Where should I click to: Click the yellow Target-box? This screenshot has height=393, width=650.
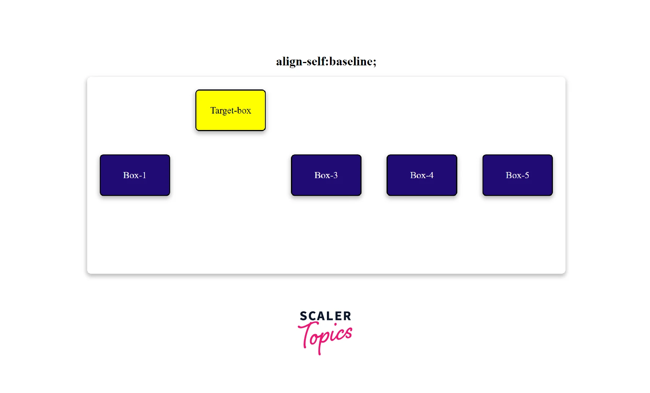[x=231, y=110]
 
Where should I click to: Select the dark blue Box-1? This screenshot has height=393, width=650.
[x=135, y=175]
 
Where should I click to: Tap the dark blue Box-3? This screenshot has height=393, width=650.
[x=326, y=175]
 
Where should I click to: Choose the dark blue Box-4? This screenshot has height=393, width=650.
[x=422, y=175]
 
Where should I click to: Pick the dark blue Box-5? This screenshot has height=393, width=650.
[x=518, y=175]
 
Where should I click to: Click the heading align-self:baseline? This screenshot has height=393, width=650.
[x=326, y=62]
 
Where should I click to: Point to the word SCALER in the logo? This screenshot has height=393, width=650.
[x=326, y=316]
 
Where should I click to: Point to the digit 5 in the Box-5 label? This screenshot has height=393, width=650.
[x=526, y=175]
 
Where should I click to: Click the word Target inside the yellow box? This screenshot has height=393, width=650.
[x=222, y=111]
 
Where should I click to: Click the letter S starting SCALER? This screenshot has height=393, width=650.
[x=304, y=316]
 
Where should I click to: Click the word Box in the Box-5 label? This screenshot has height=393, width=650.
[x=512, y=175]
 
